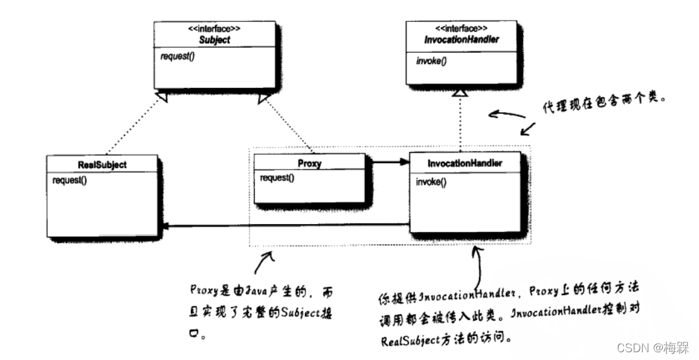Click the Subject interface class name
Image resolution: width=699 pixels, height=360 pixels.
(x=214, y=40)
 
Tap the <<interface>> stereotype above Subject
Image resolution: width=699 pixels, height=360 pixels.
(x=214, y=29)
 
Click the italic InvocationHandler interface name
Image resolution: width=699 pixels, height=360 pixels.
(x=461, y=39)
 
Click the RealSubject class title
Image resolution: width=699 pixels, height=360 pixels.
(x=102, y=164)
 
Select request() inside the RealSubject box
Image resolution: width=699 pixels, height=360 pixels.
(x=70, y=179)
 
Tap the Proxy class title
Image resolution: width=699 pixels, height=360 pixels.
(x=309, y=164)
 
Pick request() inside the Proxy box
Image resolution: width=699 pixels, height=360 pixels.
(x=277, y=177)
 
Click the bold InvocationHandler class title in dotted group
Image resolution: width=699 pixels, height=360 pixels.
(x=465, y=163)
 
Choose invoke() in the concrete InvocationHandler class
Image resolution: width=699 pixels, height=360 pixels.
(x=431, y=182)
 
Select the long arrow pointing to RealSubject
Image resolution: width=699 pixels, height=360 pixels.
(x=285, y=226)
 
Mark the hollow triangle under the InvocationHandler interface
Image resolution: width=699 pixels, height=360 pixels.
(x=460, y=94)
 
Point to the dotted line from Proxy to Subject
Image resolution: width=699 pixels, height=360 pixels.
(x=288, y=126)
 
